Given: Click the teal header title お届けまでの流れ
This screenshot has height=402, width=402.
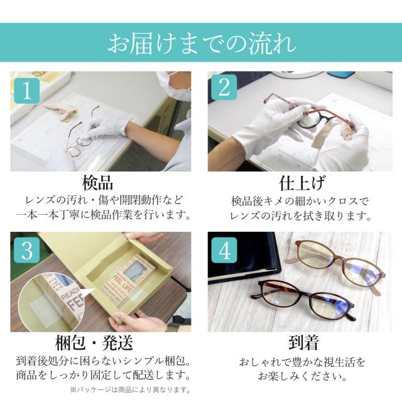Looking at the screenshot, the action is pyautogui.click(x=202, y=43).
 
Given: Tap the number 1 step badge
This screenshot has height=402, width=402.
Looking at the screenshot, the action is pyautogui.click(x=26, y=90).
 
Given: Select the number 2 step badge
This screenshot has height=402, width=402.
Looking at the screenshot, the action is pyautogui.click(x=224, y=87).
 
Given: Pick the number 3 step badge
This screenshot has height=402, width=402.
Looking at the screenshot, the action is pyautogui.click(x=26, y=250).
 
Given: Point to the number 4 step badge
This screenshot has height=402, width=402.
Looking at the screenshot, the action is pyautogui.click(x=224, y=250).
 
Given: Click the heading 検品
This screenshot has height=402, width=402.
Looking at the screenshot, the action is pyautogui.click(x=97, y=183).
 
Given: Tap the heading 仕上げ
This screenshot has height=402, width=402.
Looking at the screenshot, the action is pyautogui.click(x=302, y=183).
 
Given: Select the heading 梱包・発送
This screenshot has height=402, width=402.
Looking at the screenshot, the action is pyautogui.click(x=94, y=343).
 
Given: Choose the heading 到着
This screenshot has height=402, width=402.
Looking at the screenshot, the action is pyautogui.click(x=303, y=342).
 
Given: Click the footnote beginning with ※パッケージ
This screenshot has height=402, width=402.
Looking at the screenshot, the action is pyautogui.click(x=130, y=390).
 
